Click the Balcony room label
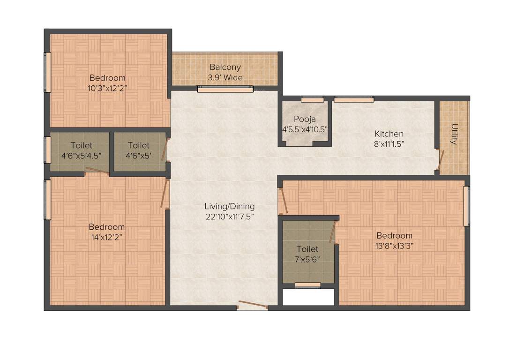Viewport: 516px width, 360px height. click(225, 67)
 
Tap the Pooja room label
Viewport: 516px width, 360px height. click(305, 119)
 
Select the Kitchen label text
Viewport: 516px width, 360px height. click(389, 134)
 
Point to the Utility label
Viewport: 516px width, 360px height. click(454, 134)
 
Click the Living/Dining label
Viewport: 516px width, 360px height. click(230, 206)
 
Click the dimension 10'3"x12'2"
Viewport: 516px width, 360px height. click(107, 88)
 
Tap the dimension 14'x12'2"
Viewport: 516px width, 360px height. click(107, 237)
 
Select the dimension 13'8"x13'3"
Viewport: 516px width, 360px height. click(394, 245)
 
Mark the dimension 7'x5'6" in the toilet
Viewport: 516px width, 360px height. click(307, 258)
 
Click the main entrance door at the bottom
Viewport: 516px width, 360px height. click(252, 306)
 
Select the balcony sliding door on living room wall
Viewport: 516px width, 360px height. click(225, 89)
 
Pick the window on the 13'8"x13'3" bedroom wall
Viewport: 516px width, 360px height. click(467, 206)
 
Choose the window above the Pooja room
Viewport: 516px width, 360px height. click(312, 99)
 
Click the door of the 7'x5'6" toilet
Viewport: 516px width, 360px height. click(333, 232)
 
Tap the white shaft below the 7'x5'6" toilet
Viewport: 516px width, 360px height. click(308, 297)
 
